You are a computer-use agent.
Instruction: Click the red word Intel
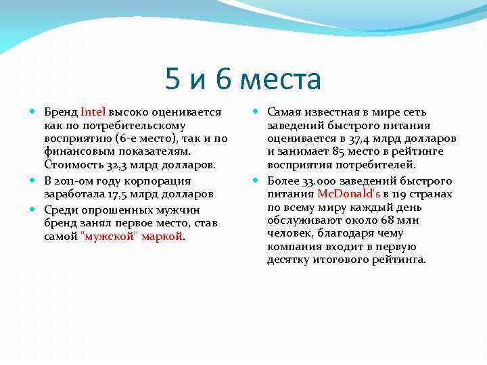pos(93,112)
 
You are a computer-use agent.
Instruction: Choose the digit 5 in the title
pos(173,80)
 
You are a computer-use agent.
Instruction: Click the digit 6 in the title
pos(225,80)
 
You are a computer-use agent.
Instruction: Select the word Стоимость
pos(72,165)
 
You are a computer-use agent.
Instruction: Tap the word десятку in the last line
pos(290,260)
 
